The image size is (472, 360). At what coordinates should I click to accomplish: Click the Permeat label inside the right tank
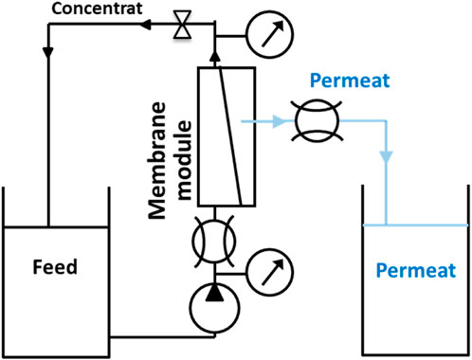point(416,269)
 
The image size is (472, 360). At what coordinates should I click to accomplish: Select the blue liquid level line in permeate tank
point(416,224)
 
